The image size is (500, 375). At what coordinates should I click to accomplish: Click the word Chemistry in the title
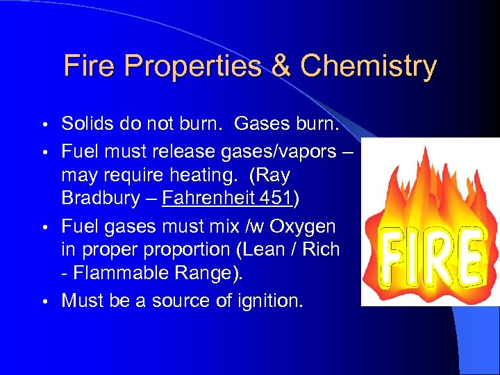click(369, 67)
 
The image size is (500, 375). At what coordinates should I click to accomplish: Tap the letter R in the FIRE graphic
click(439, 257)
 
